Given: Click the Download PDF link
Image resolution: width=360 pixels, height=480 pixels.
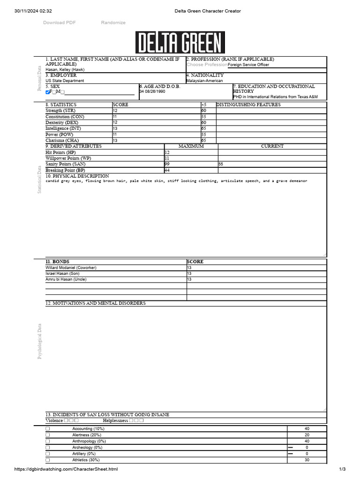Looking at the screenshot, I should click(60, 22).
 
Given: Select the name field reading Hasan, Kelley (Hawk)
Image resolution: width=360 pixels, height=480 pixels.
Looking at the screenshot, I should click(65, 69).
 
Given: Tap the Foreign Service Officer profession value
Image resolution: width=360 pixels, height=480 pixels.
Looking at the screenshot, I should click(248, 65).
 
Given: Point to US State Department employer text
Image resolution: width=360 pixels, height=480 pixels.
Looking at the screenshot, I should click(65, 81).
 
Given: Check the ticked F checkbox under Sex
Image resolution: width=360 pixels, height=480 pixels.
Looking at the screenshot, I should click(48, 92).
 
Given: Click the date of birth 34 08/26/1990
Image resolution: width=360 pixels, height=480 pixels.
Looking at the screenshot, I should click(152, 92).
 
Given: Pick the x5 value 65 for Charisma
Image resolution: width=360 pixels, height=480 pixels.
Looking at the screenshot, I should click(204, 141).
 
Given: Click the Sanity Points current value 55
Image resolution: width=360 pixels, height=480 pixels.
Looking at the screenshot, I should click(221, 165).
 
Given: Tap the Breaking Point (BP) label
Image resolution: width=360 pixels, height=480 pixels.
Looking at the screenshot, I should click(65, 171).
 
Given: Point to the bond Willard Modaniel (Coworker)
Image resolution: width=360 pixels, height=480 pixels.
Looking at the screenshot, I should click(71, 268).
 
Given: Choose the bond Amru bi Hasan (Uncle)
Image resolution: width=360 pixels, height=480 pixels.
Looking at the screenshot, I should click(66, 279).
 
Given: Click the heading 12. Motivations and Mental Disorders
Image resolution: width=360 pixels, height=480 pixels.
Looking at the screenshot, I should click(95, 303).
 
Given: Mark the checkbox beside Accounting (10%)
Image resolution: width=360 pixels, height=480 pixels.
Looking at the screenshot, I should click(48, 429).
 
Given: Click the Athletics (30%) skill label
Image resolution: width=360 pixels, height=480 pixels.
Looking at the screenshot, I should click(83, 460).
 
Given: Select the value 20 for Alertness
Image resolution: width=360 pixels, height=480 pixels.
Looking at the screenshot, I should click(307, 435).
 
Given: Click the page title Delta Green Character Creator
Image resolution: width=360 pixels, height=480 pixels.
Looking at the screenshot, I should click(208, 11).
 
